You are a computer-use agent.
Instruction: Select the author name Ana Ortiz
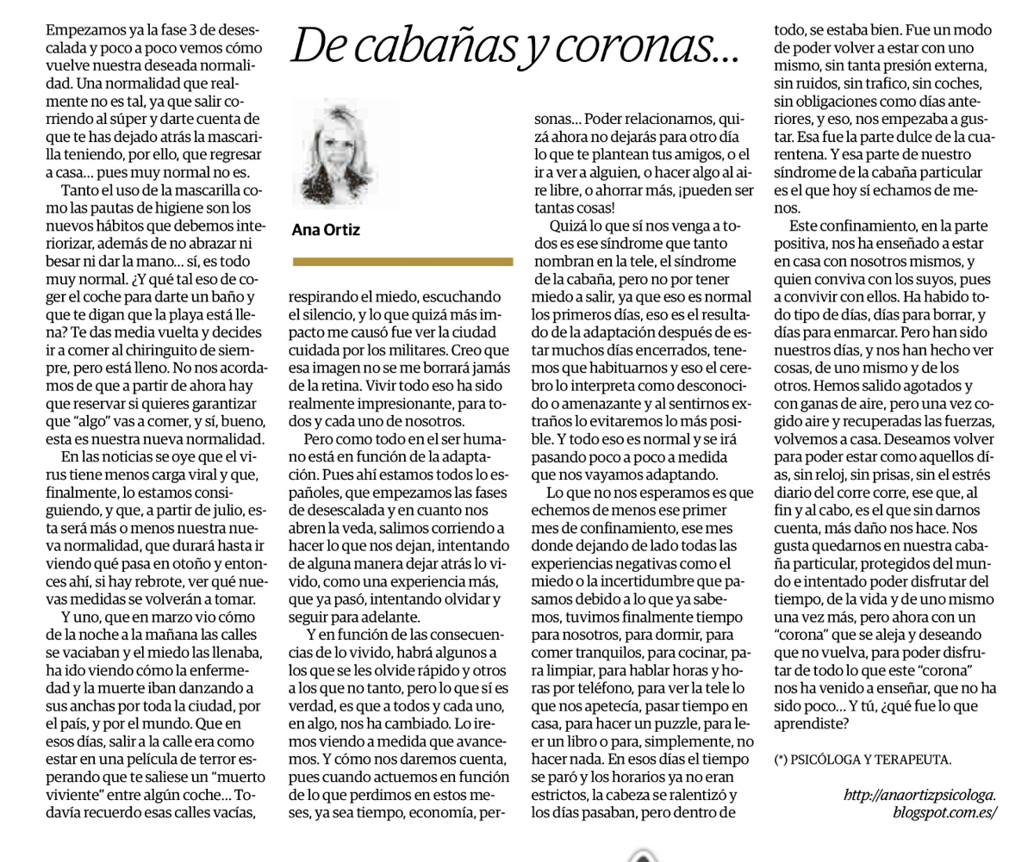point(326,230)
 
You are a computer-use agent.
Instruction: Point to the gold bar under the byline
point(402,261)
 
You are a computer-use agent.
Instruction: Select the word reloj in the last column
point(823,474)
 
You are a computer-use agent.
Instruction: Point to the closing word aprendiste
point(809,724)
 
